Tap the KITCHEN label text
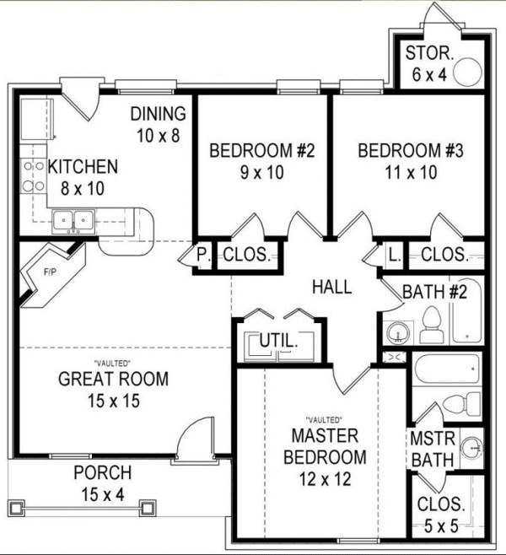point(83,167)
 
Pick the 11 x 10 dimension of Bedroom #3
point(410,173)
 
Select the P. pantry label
point(202,254)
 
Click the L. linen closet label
point(394,254)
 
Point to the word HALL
point(331,288)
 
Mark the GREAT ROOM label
point(113,380)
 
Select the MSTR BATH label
point(433,450)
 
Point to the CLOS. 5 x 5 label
point(441,515)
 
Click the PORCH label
point(102,473)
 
